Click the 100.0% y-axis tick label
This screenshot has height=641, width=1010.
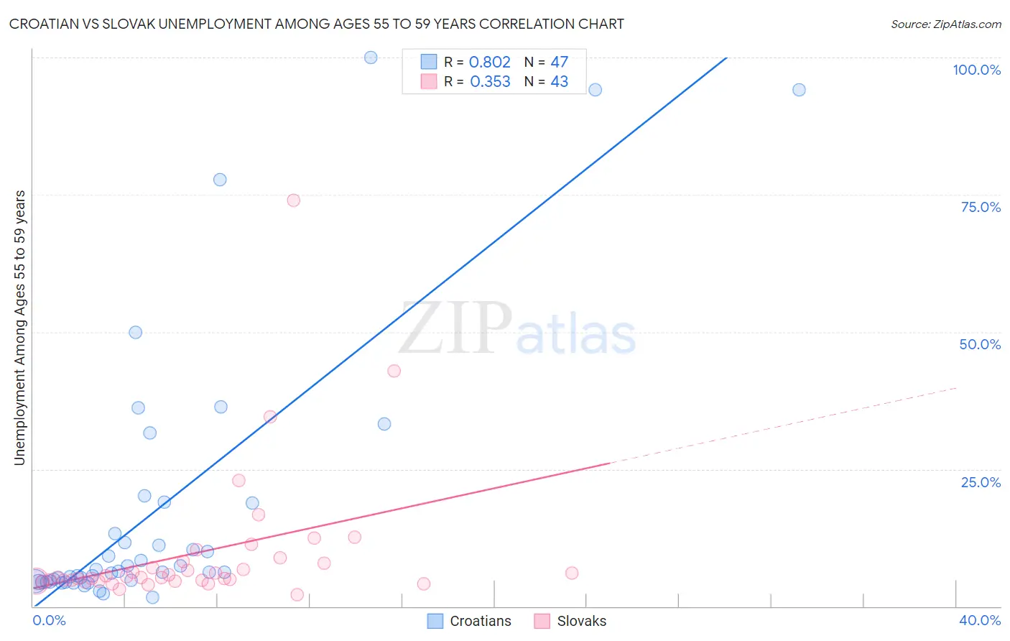[976, 70]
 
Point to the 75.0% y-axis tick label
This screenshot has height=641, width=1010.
[981, 207]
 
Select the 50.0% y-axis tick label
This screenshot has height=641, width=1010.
[980, 344]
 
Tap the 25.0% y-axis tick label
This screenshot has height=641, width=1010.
[981, 481]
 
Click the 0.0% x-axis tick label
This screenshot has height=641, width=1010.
[49, 620]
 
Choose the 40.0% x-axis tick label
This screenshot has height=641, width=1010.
[980, 620]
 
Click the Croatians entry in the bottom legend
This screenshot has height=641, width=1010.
[480, 621]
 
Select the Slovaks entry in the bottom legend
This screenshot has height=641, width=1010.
[581, 621]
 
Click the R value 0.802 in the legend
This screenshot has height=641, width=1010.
[489, 63]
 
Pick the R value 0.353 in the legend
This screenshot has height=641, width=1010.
[490, 82]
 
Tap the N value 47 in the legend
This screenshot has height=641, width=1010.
[559, 63]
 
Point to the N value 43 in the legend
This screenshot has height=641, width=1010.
[559, 82]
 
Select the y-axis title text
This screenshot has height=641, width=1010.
[19, 328]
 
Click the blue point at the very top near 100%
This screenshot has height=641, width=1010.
[371, 57]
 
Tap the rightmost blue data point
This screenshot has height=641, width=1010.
[799, 90]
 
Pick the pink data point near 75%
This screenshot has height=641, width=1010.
[293, 200]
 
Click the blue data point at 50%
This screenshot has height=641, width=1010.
[135, 333]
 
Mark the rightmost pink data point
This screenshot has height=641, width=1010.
[572, 573]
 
